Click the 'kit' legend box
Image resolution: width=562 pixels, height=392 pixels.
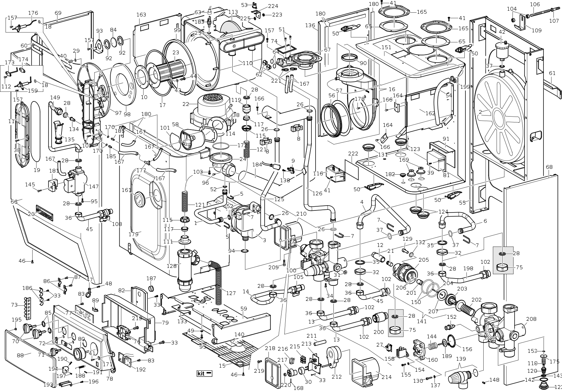click(204, 373)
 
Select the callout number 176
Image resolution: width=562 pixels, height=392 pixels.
click(33, 13)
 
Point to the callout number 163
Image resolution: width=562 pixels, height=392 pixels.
click(141, 15)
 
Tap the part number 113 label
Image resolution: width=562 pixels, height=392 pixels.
click(233, 12)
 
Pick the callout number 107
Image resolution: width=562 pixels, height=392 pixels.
click(554, 21)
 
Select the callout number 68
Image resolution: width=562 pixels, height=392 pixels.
click(549, 167)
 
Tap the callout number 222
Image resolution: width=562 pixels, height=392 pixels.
click(353, 153)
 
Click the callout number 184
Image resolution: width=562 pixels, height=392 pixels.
click(257, 165)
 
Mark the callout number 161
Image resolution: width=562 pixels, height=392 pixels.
click(126, 190)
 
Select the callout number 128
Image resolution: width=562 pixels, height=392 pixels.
click(172, 265)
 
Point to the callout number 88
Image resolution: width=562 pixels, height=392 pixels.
click(20, 355)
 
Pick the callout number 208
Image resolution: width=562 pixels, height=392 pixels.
click(531, 319)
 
